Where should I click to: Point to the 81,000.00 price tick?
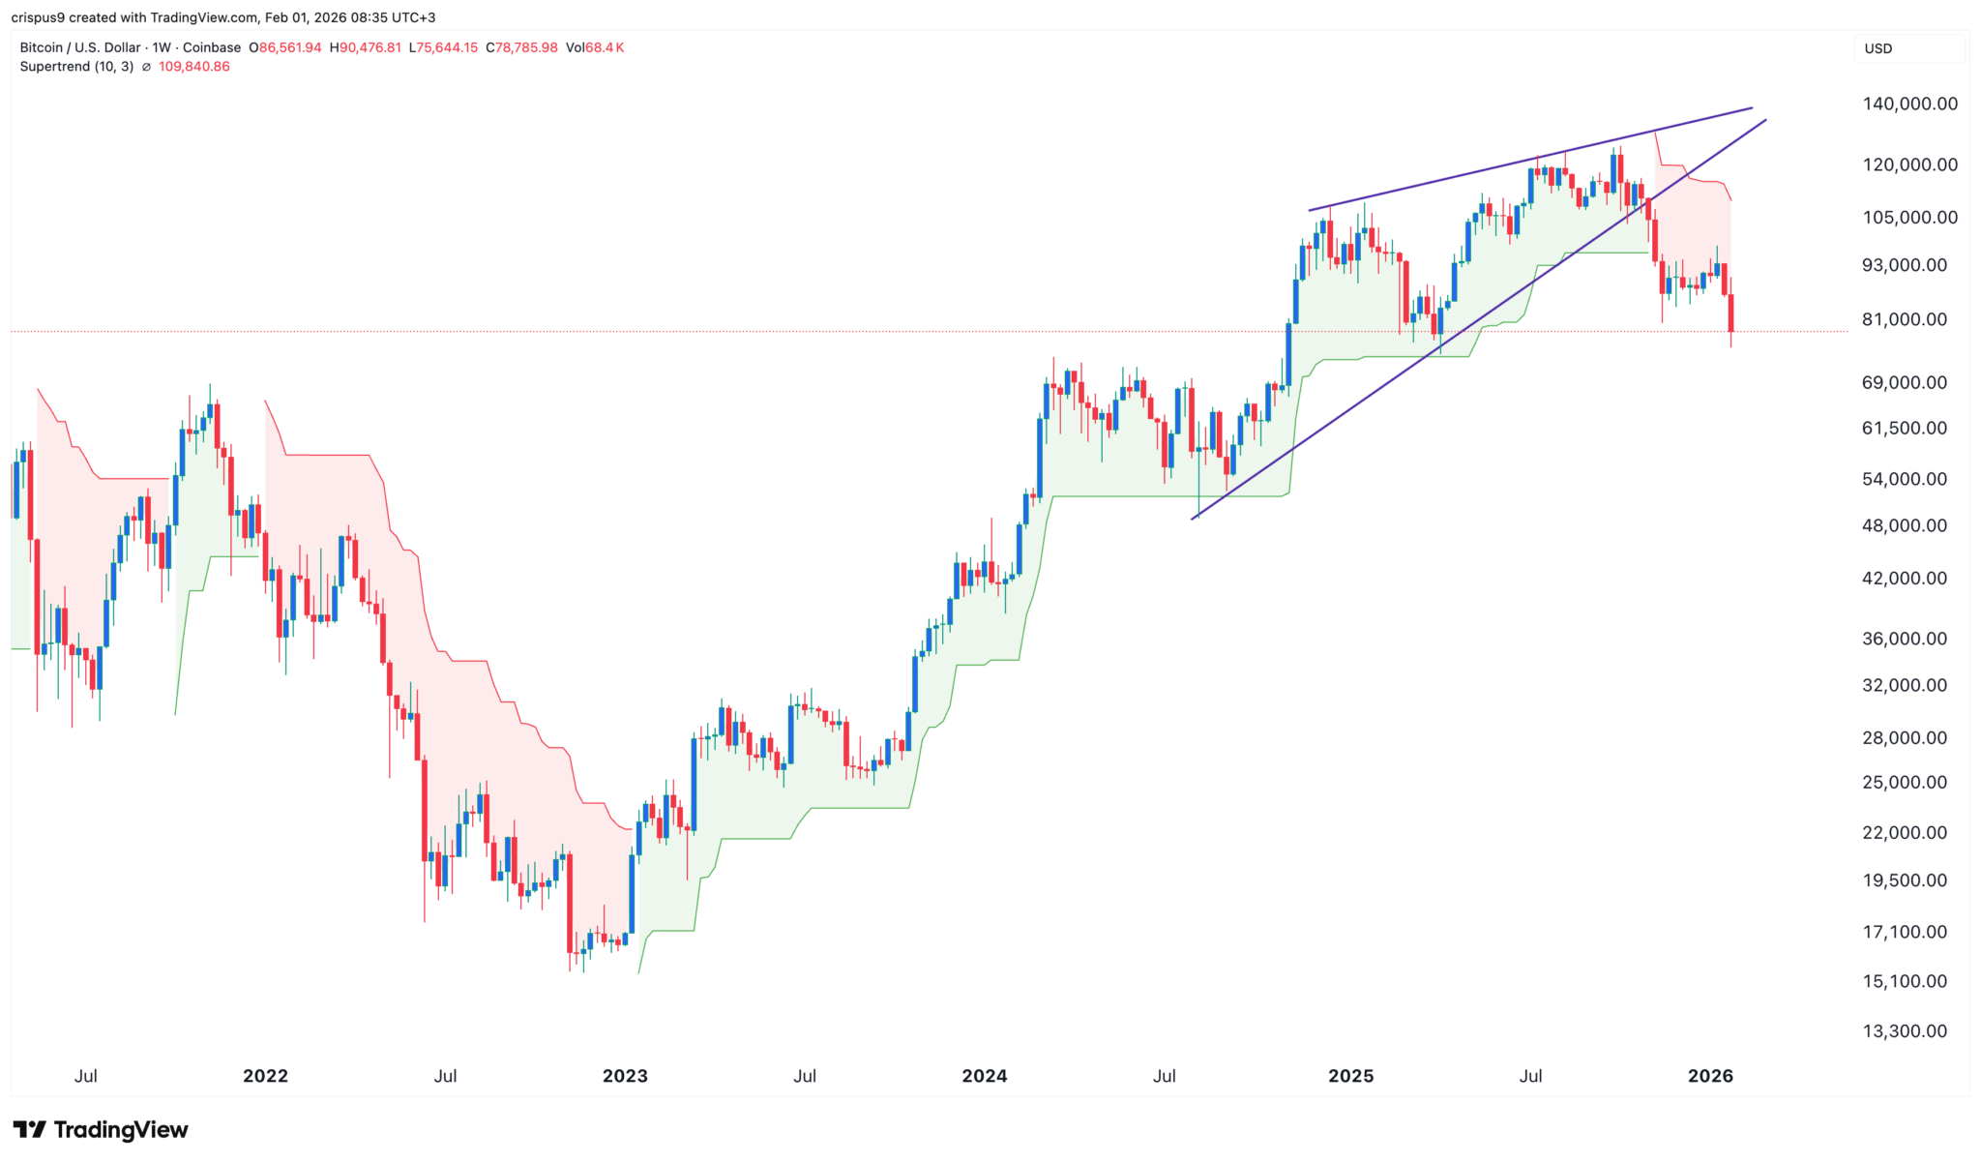pos(1904,319)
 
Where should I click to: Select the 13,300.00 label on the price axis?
pos(1904,1031)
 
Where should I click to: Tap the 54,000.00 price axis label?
pos(1904,479)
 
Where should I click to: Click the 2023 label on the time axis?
pos(625,1076)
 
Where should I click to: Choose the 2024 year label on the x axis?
pos(984,1076)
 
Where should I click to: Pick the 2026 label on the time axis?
pos(1709,1076)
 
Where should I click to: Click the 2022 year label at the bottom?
pos(265,1076)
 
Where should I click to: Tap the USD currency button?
pos(1878,48)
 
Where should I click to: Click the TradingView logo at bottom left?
pos(101,1130)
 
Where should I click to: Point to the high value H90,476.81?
pos(365,47)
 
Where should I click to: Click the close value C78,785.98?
pos(521,47)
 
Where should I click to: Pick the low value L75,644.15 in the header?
pos(443,47)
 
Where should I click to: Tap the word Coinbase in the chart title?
pos(211,47)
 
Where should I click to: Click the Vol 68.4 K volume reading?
pos(594,47)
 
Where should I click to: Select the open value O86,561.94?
pos(285,47)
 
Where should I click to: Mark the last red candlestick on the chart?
pos(1730,313)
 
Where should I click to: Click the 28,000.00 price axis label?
pos(1904,738)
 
